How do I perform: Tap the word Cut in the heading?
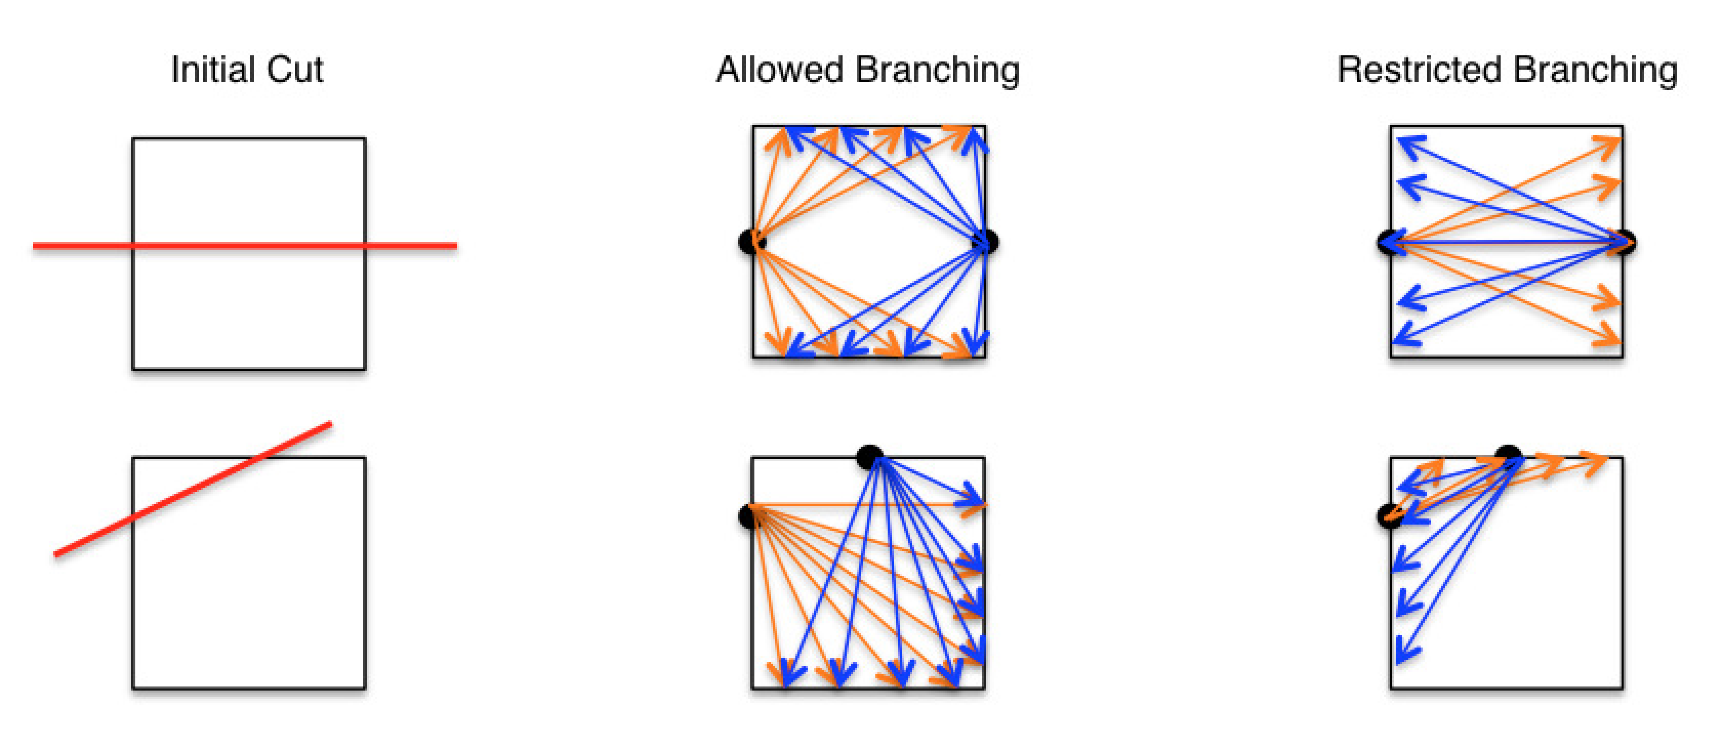coord(295,70)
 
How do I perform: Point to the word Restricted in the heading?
coord(1419,70)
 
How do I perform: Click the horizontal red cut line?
coord(80,246)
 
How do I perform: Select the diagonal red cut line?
coord(194,488)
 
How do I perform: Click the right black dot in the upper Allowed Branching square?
coord(990,241)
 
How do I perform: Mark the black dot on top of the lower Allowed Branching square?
coord(869,456)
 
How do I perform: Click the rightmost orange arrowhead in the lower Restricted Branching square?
coord(1599,461)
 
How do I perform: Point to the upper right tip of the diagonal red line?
coord(329,424)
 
